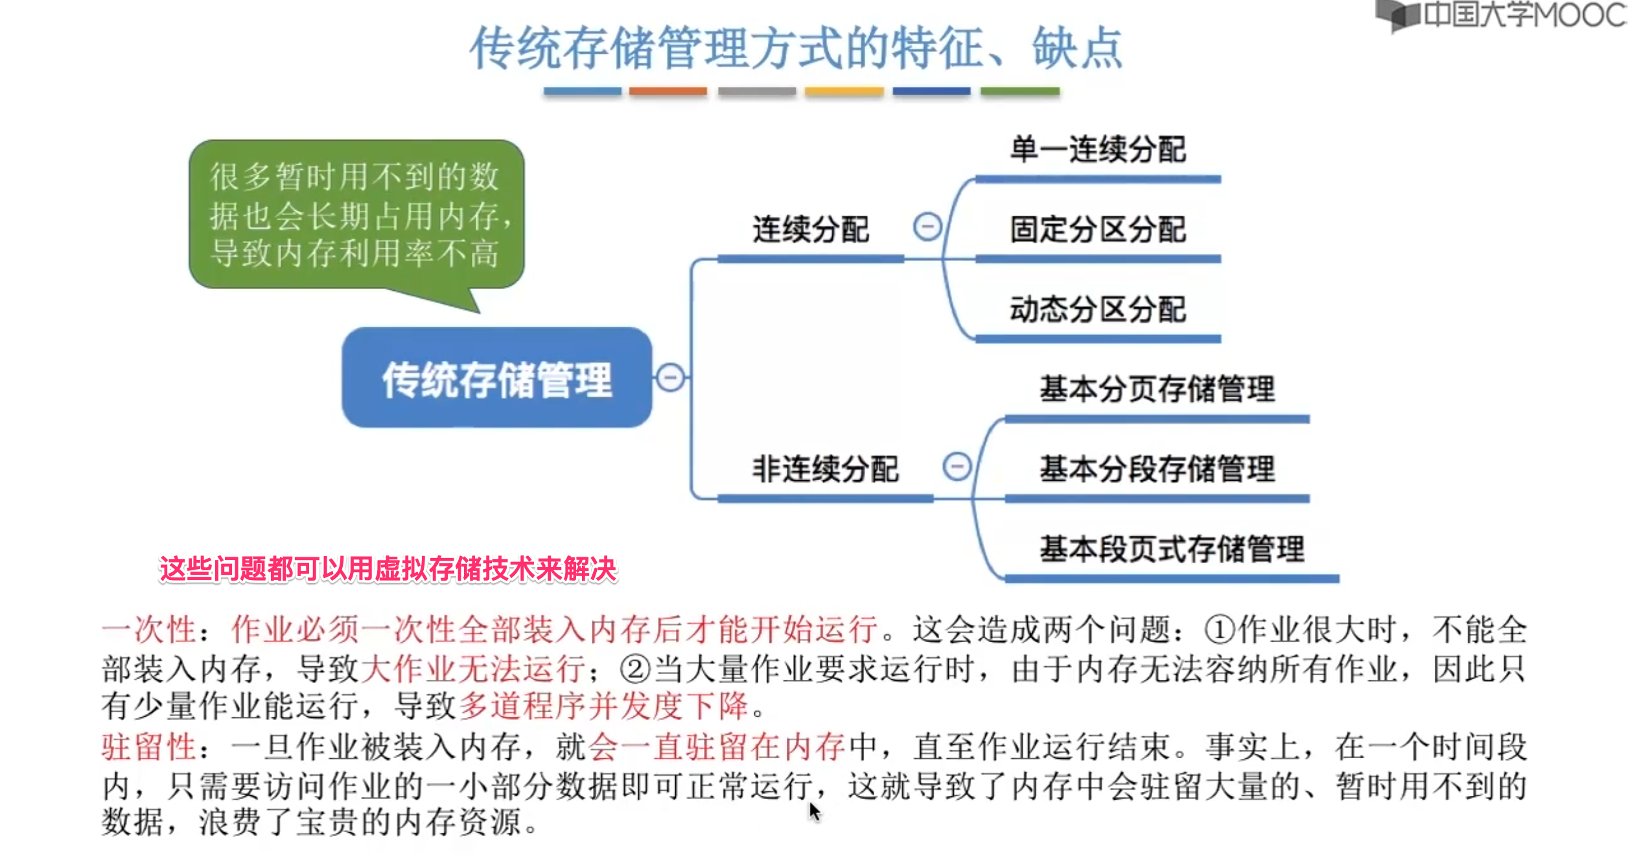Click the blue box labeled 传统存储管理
point(496,378)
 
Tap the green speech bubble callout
point(356,214)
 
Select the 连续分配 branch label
point(810,229)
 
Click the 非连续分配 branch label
point(825,469)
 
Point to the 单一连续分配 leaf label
point(1098,150)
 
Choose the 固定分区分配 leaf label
point(1098,229)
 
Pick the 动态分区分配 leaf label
point(1098,309)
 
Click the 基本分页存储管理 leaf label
point(1157,389)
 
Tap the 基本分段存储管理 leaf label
point(1157,469)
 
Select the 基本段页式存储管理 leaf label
point(1172,549)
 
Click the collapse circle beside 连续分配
point(927,227)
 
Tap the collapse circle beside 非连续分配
point(957,467)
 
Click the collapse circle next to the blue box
point(670,377)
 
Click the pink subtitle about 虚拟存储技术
point(388,569)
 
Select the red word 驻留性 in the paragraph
point(148,747)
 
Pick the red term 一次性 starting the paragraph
point(148,629)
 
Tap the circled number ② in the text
point(635,669)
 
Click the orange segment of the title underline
point(668,91)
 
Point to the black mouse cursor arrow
point(814,811)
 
